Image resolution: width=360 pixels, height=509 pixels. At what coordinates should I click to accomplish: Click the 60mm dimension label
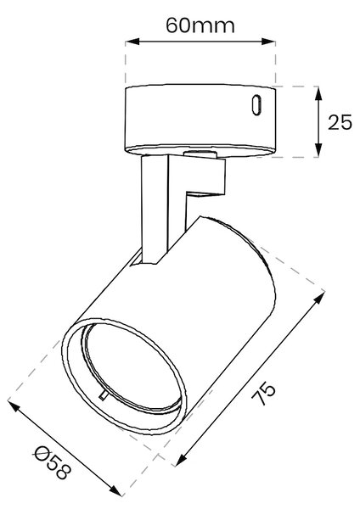(x=200, y=25)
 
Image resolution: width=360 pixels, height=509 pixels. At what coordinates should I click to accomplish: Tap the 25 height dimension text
(x=340, y=122)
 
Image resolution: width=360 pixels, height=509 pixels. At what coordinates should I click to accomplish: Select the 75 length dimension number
(x=263, y=394)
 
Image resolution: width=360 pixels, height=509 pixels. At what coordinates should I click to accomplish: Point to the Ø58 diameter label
(x=52, y=462)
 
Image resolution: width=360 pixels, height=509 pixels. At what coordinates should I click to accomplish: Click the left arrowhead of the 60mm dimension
(x=132, y=42)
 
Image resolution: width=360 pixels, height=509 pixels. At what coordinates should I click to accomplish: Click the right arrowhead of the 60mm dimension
(x=268, y=42)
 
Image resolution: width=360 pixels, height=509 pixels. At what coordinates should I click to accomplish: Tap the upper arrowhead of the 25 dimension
(x=318, y=94)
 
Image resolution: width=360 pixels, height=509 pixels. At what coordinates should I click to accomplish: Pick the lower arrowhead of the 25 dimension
(x=318, y=150)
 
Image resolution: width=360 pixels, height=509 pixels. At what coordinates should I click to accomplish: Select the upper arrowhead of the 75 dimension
(x=319, y=298)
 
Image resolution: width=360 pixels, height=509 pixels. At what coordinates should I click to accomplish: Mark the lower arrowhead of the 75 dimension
(x=181, y=460)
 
